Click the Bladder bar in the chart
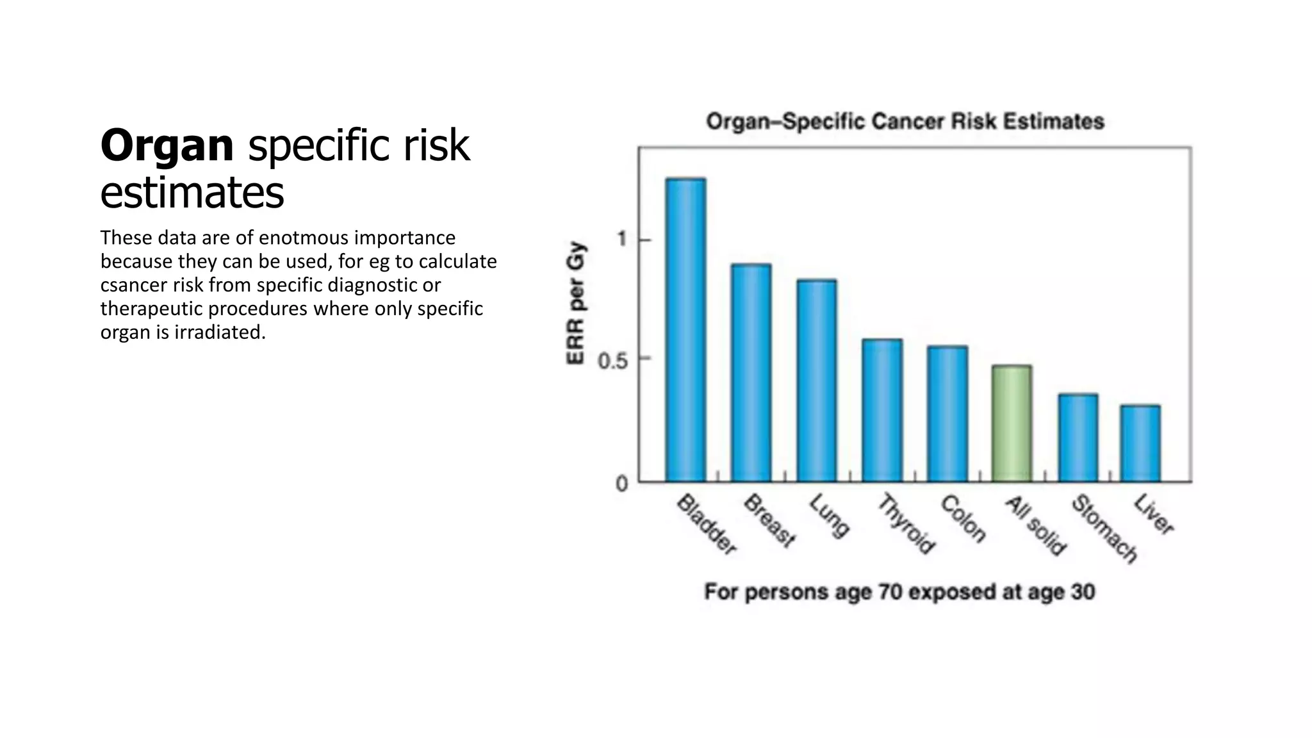(x=685, y=330)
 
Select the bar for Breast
(x=751, y=373)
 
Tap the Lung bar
(x=817, y=381)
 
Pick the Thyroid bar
(x=882, y=411)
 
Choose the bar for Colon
(x=947, y=414)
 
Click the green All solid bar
(x=1012, y=423)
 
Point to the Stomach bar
(x=1078, y=438)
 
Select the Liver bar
(x=1140, y=443)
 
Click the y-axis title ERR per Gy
(x=576, y=303)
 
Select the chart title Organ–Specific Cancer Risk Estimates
(x=905, y=121)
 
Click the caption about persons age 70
(x=899, y=591)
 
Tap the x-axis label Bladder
(x=707, y=523)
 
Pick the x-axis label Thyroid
(x=906, y=523)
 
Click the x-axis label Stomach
(x=1104, y=529)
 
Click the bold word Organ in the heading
(x=167, y=145)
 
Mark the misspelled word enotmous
(x=303, y=238)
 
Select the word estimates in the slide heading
(x=192, y=192)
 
